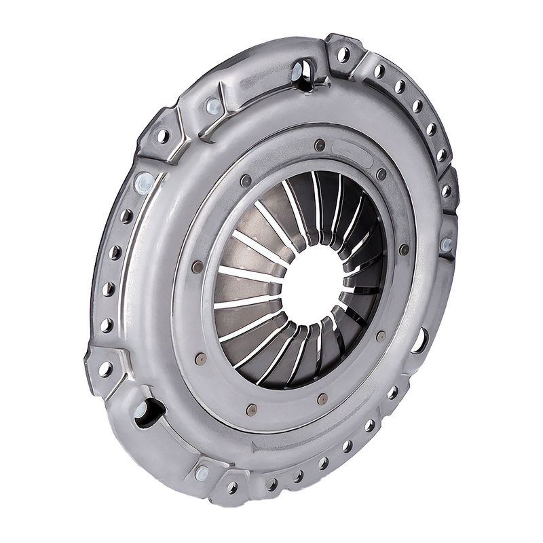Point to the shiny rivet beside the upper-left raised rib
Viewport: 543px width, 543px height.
(213, 106)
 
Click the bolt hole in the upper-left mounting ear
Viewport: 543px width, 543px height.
(163, 135)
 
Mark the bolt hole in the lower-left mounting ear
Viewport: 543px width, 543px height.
(105, 369)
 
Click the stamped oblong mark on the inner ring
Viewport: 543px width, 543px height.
(352, 152)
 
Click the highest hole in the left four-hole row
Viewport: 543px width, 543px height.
(126, 216)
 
